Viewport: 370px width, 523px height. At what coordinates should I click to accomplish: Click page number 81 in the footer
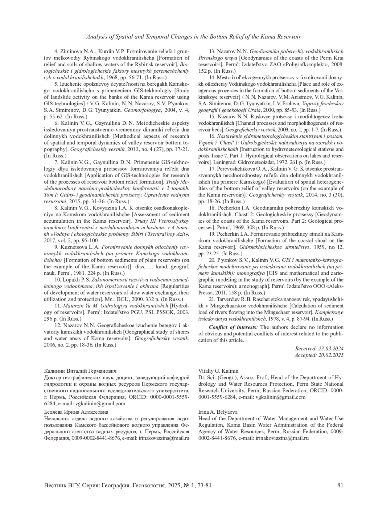click(x=340, y=485)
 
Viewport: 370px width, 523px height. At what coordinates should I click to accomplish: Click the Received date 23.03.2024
click(x=330, y=348)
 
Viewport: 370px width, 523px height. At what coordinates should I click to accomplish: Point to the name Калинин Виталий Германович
click(x=80, y=371)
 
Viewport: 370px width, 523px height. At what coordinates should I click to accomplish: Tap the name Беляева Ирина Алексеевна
click(x=76, y=412)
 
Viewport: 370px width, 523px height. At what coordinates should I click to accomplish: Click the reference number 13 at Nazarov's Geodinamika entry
click(x=212, y=51)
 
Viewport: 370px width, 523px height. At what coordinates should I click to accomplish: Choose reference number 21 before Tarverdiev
click(x=212, y=299)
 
